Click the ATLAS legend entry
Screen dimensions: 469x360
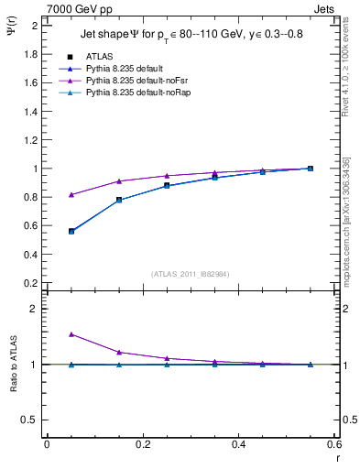tap(100, 56)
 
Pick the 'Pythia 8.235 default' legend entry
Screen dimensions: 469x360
tap(125, 69)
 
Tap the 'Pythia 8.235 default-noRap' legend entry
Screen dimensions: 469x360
tap(136, 93)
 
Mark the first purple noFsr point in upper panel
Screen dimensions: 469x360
tap(71, 194)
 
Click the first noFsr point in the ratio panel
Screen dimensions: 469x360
tap(71, 334)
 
